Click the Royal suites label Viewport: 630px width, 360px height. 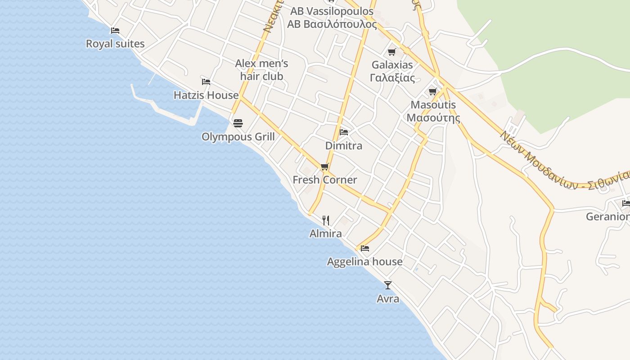[115, 44]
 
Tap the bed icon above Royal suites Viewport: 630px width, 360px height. [115, 31]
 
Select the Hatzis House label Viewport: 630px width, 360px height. [206, 95]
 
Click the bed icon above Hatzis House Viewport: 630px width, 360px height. [206, 82]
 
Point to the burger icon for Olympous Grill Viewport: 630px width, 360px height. [238, 123]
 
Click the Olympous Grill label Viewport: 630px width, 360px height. [238, 137]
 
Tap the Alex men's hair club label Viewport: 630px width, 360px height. [261, 70]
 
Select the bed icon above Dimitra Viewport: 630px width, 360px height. [344, 132]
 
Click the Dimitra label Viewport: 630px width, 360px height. [344, 146]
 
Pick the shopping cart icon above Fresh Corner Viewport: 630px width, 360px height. [325, 167]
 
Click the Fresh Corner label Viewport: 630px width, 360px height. [325, 180]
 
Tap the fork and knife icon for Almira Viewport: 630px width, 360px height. [326, 220]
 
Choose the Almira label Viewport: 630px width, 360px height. [326, 234]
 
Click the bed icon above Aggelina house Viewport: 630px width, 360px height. [365, 248]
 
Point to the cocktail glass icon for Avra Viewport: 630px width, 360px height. [387, 285]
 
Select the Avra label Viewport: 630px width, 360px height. [387, 299]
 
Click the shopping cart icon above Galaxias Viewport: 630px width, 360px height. [392, 52]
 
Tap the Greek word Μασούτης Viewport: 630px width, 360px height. [433, 118]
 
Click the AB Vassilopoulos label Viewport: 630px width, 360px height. [332, 11]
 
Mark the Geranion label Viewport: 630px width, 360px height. [607, 217]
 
